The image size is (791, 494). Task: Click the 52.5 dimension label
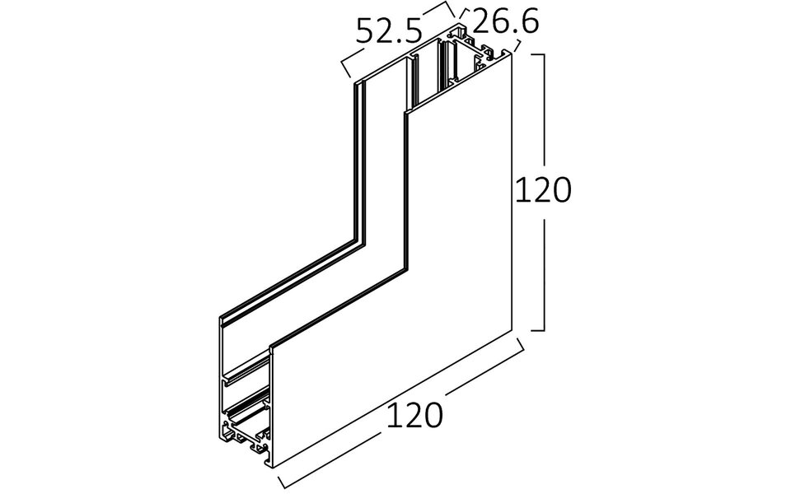(x=388, y=31)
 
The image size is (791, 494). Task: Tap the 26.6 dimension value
(x=505, y=23)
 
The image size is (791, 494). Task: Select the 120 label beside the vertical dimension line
(x=542, y=191)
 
